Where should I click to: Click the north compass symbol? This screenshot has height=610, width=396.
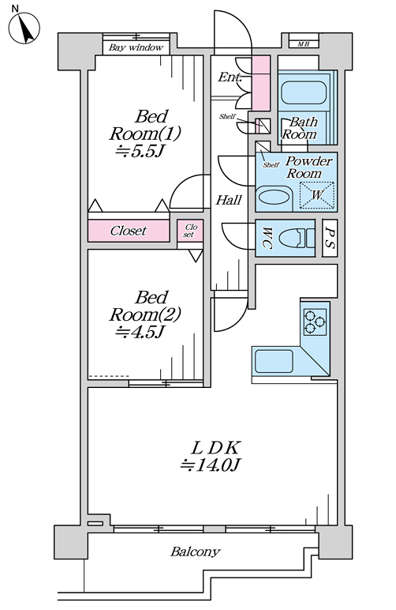click(x=24, y=28)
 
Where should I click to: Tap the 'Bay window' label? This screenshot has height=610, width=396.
click(x=136, y=48)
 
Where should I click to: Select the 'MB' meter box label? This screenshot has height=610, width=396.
click(x=304, y=44)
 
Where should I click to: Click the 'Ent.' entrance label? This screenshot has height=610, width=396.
click(x=230, y=77)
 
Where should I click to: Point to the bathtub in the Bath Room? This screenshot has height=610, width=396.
click(x=304, y=92)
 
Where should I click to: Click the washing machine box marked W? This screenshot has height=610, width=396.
click(x=317, y=194)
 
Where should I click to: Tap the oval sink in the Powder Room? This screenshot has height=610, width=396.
click(x=274, y=195)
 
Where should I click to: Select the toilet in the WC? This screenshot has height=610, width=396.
click(x=297, y=238)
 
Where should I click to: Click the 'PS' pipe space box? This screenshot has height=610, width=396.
click(x=330, y=238)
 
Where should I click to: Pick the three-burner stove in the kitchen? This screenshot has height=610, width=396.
click(x=315, y=322)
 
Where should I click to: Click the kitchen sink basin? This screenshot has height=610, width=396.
click(x=273, y=361)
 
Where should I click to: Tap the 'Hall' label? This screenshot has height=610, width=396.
click(x=229, y=201)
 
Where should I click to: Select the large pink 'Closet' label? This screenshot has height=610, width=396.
click(x=129, y=231)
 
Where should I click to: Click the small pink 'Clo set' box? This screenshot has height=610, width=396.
click(x=190, y=231)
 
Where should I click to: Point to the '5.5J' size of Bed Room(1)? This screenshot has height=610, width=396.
click(x=140, y=151)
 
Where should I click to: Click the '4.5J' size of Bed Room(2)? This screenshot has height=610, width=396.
click(x=140, y=332)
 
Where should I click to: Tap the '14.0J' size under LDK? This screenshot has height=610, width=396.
click(x=211, y=465)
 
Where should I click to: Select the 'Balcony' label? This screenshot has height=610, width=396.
click(x=196, y=552)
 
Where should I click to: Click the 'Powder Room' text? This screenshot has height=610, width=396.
click(x=308, y=167)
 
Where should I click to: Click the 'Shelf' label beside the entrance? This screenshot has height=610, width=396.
click(x=227, y=116)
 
